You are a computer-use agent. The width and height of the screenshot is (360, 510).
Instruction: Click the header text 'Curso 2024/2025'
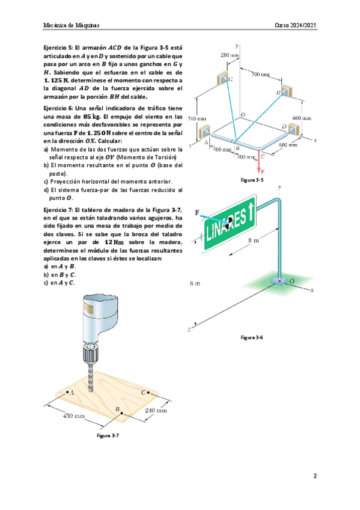tap(295, 25)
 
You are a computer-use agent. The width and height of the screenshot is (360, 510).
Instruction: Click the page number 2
tap(315, 476)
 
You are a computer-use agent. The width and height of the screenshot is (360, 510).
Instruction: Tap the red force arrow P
tap(259, 161)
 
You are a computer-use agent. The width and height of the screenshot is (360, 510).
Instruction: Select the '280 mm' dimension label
tap(230, 55)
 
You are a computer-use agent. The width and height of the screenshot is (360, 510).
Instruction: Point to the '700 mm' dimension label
tap(260, 75)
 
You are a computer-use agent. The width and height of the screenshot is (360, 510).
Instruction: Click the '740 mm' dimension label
tap(197, 118)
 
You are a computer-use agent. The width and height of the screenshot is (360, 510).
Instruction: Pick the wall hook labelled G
tap(224, 79)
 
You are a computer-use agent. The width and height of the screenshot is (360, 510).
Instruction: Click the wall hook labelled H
tap(287, 91)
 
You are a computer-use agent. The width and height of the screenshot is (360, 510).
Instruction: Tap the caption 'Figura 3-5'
tap(252, 180)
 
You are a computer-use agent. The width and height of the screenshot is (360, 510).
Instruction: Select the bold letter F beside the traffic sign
tap(197, 213)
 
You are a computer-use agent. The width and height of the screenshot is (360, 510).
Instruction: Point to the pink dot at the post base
tap(278, 280)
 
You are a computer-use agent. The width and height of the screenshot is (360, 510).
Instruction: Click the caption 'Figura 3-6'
tap(252, 337)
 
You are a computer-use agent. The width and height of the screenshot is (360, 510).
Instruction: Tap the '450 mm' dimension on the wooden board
tap(73, 416)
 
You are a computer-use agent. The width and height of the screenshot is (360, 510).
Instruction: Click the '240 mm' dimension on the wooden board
tap(156, 410)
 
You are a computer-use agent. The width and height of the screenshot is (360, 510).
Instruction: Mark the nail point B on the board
tap(122, 413)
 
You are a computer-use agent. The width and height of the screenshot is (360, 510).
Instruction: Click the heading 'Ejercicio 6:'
tap(58, 108)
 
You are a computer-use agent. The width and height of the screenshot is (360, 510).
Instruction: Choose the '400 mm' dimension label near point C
tap(246, 157)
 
